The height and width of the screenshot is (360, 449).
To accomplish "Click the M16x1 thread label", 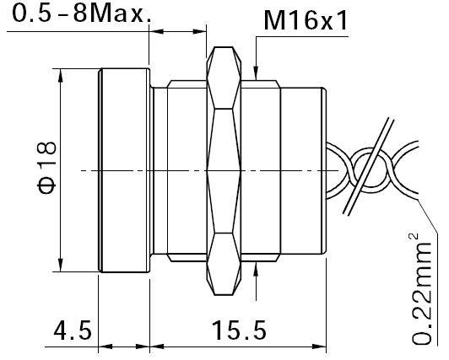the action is (x=306, y=20).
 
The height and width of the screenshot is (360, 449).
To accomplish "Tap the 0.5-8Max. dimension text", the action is (x=81, y=13).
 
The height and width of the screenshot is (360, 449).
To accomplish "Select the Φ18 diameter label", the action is (x=46, y=168).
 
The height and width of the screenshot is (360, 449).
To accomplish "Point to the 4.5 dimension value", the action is (x=73, y=330).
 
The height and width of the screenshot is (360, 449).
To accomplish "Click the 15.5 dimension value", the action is (x=239, y=330).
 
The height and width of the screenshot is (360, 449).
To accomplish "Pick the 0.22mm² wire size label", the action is (x=421, y=289).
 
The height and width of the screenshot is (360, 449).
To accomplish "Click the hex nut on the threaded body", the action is (x=224, y=170).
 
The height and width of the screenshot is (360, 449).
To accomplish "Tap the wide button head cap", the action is (x=125, y=170).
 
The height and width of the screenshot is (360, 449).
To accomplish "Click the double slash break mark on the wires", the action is (x=369, y=166).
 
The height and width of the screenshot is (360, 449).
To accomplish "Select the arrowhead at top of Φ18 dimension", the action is (x=61, y=75).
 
